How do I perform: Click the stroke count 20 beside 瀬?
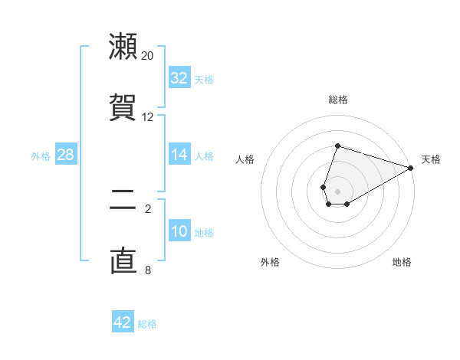point(148,56)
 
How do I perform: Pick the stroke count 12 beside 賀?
point(148,117)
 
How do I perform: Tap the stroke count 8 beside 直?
point(148,270)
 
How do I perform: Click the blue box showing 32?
point(179,78)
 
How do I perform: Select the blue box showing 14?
point(179,155)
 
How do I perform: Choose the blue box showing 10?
point(179,231)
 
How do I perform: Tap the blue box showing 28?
point(65,155)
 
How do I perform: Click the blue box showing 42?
point(123,322)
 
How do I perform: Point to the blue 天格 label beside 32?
point(204,80)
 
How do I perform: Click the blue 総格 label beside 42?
point(147,324)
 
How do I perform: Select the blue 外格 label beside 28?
point(41,156)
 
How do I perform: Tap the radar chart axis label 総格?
point(338,100)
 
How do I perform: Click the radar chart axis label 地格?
point(402,262)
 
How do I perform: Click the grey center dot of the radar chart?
point(338,191)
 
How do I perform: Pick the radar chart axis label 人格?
point(245,159)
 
